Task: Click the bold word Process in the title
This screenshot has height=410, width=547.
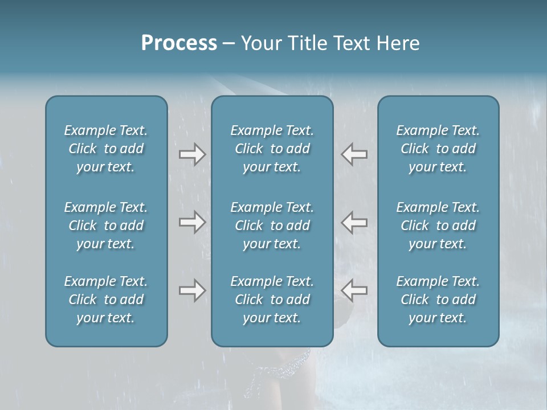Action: point(179,43)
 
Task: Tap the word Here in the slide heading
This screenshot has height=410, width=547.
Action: point(398,43)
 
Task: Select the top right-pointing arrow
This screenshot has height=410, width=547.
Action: point(192,154)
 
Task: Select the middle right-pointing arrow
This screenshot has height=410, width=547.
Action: point(192,222)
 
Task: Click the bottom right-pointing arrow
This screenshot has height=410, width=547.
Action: point(192,290)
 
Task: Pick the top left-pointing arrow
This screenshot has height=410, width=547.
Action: point(354,154)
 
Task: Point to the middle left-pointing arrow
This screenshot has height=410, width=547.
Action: point(354,222)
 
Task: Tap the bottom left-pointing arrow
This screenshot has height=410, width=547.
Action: point(354,290)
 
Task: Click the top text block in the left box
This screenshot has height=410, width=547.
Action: point(106,149)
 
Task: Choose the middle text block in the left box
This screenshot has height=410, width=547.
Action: point(106,225)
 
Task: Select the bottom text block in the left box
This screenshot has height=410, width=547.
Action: point(106,300)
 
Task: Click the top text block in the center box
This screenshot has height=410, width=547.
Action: point(272,149)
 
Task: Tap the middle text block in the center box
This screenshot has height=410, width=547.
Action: point(272,225)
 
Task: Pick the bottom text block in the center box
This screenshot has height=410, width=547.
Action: point(272,300)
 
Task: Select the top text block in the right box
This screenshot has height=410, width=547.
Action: point(438,149)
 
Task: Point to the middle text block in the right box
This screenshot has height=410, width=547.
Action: point(438,225)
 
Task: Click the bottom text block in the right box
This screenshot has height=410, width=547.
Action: point(438,300)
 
